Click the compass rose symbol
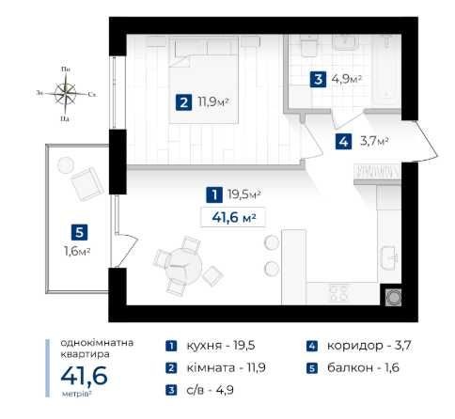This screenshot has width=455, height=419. (x=66, y=92)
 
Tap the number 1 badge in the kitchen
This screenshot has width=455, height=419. (x=216, y=194)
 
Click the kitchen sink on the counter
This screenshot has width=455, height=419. (x=389, y=256)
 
